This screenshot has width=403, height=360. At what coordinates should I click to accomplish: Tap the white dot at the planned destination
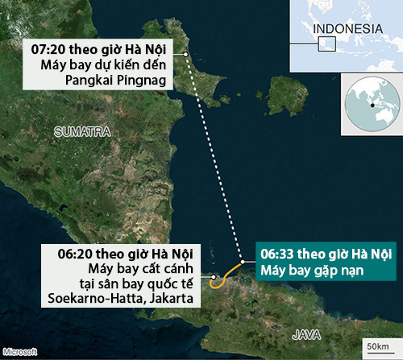tap(186, 54)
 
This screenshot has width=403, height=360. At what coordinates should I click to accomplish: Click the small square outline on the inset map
tap(326, 44)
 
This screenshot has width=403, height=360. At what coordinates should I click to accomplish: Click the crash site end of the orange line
tap(243, 263)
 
